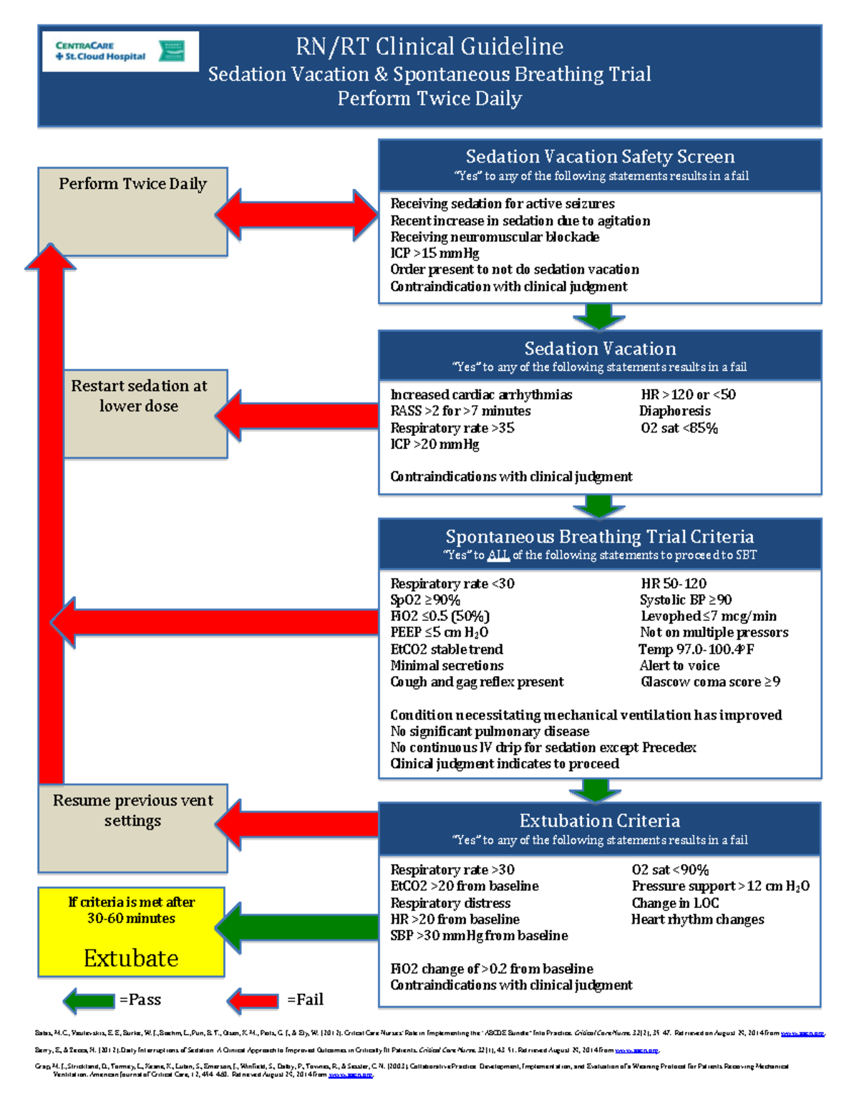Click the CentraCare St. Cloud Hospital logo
[120, 51]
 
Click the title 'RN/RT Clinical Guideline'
[429, 47]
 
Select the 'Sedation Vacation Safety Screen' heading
[600, 157]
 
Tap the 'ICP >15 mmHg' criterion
[435, 253]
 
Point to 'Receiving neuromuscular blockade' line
[495, 237]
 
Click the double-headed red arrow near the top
[296, 214]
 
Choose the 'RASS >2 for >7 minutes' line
[460, 411]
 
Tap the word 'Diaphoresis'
[675, 411]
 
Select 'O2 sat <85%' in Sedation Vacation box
[679, 428]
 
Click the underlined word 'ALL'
[498, 556]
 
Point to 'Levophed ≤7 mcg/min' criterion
[708, 617]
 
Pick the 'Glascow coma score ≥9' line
[710, 682]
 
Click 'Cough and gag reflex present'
[477, 682]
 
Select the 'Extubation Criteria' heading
[600, 821]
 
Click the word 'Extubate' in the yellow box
[131, 958]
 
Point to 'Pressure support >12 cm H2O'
[720, 886]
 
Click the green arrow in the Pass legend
[89, 1000]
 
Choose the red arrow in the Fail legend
[253, 1000]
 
